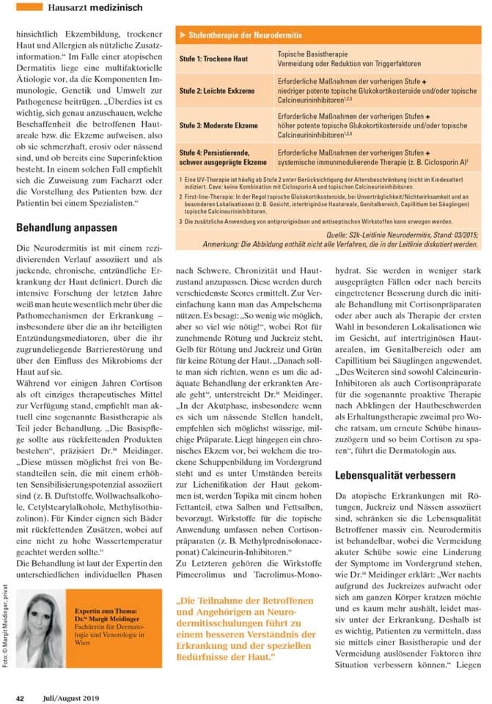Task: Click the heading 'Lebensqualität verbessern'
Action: point(395,475)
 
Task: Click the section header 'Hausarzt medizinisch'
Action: point(95,7)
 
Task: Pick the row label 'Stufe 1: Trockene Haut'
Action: point(214,59)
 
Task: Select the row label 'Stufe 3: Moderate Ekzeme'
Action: point(219,125)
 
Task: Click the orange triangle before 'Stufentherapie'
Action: point(183,35)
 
